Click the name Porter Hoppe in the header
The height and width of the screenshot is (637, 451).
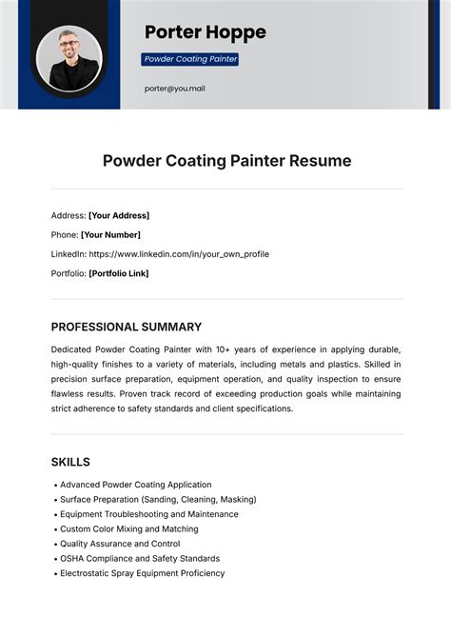pyautogui.click(x=205, y=32)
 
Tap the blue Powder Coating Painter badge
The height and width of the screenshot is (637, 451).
pyautogui.click(x=190, y=59)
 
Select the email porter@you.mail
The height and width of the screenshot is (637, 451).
pyautogui.click(x=175, y=89)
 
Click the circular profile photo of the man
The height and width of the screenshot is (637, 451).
pyautogui.click(x=69, y=58)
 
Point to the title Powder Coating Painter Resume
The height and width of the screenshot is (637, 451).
pyautogui.click(x=226, y=161)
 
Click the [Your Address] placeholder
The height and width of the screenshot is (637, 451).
pyautogui.click(x=119, y=215)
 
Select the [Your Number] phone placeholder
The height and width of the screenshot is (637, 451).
pyautogui.click(x=110, y=234)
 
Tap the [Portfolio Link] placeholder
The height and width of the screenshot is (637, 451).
pyautogui.click(x=119, y=273)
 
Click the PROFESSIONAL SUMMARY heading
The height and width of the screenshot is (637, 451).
pyautogui.click(x=127, y=327)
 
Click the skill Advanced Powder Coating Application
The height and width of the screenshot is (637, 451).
pyautogui.click(x=135, y=485)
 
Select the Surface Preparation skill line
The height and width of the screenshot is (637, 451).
pyautogui.click(x=158, y=499)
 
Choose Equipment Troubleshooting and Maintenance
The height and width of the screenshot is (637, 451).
pyautogui.click(x=148, y=514)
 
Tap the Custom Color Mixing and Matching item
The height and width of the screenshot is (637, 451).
pyautogui.click(x=128, y=528)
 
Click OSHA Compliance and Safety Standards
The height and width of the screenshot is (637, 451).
pyautogui.click(x=139, y=558)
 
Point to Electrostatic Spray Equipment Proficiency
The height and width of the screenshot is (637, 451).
pyautogui.click(x=142, y=573)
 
